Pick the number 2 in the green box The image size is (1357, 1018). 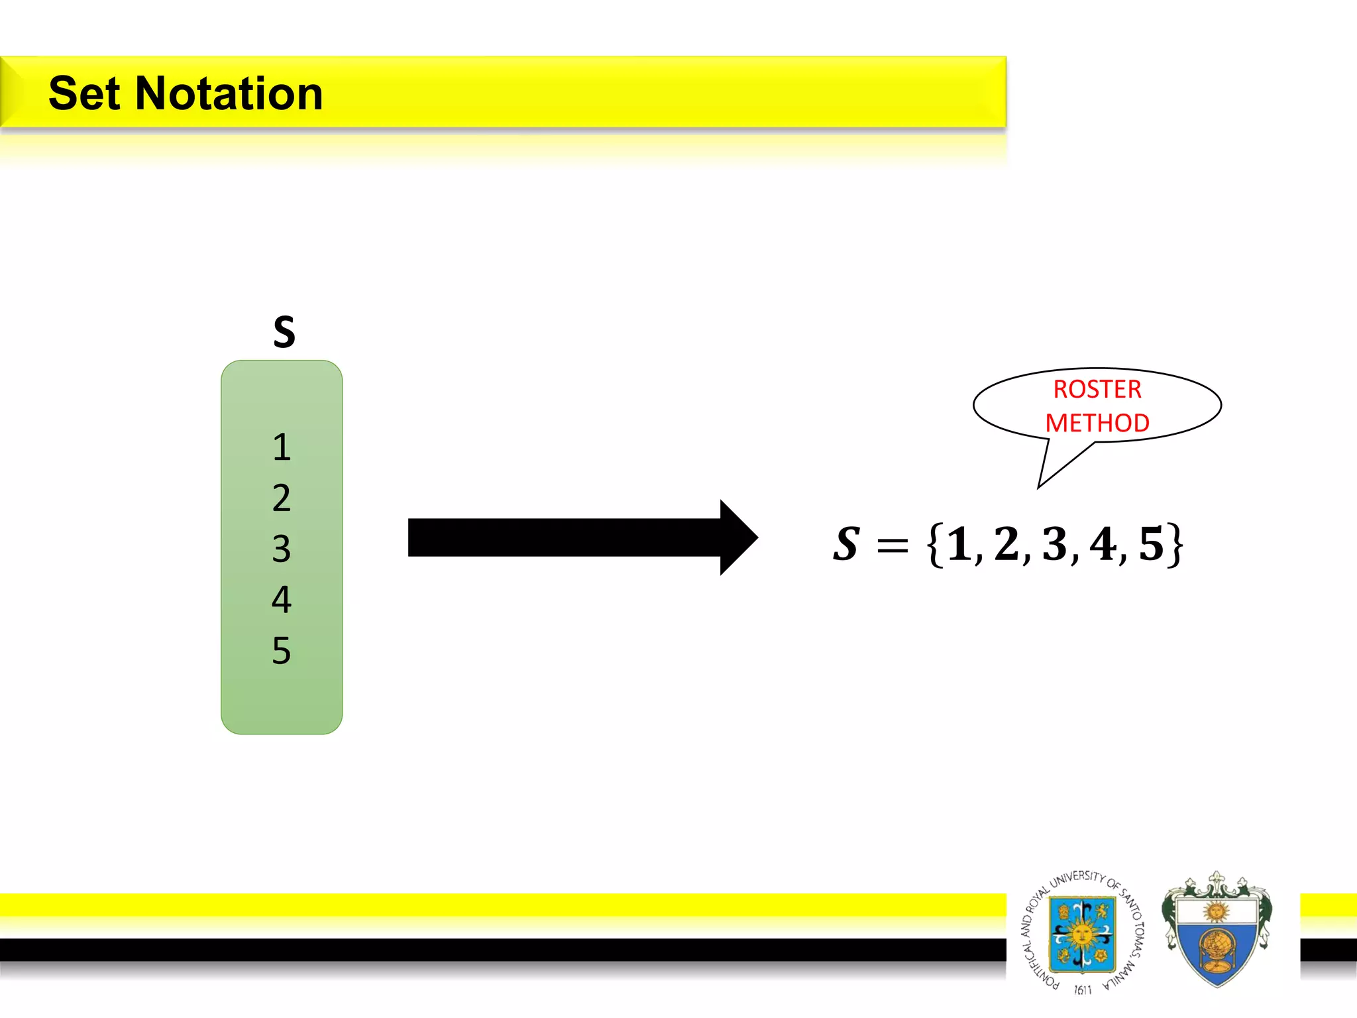[x=282, y=498]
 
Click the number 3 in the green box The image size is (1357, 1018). [x=282, y=549]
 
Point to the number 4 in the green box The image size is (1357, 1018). [x=282, y=599]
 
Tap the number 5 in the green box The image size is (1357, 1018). [x=282, y=650]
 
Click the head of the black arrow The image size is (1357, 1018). [x=738, y=537]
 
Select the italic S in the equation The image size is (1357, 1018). [x=847, y=544]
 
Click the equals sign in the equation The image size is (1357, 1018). [x=892, y=546]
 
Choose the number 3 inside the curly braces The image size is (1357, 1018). [x=1055, y=544]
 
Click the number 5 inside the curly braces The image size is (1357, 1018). [x=1151, y=544]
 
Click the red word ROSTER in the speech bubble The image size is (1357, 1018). [x=1097, y=389]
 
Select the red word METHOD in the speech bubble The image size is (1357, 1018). [x=1097, y=423]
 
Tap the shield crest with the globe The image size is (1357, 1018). [x=1217, y=931]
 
